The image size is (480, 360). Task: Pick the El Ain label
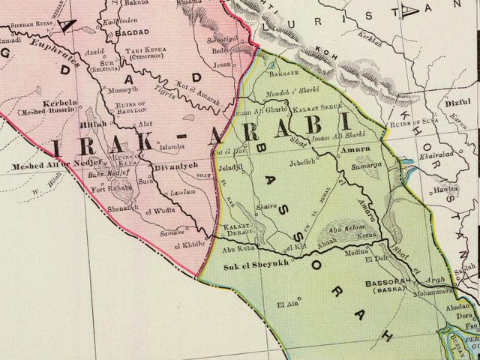pos(287,304)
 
